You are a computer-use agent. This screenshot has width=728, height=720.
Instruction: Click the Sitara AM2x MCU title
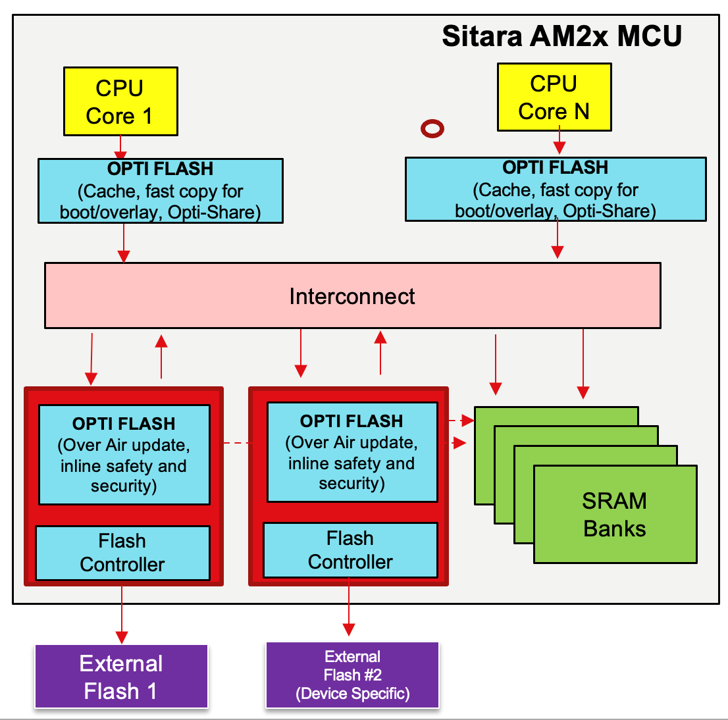561,36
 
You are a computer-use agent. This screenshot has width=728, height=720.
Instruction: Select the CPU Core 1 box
120,101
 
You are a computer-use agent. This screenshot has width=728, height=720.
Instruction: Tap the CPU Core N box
554,97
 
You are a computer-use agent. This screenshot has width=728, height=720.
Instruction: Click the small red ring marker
432,128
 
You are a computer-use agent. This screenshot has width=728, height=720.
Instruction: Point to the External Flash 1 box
121,677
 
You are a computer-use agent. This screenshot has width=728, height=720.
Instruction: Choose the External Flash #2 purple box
352,675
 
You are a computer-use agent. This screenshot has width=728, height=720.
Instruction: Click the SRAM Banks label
615,515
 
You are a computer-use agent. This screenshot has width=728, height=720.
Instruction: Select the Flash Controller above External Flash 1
122,553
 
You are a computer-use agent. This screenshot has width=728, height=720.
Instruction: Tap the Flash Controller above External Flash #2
350,550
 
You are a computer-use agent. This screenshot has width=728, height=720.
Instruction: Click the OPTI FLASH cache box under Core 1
161,191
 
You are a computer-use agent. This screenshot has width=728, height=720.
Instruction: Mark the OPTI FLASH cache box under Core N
556,189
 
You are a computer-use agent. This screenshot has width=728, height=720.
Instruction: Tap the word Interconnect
352,296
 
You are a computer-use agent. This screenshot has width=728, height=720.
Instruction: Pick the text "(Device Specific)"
352,694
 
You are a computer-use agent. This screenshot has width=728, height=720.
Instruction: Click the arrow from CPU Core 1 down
120,147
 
